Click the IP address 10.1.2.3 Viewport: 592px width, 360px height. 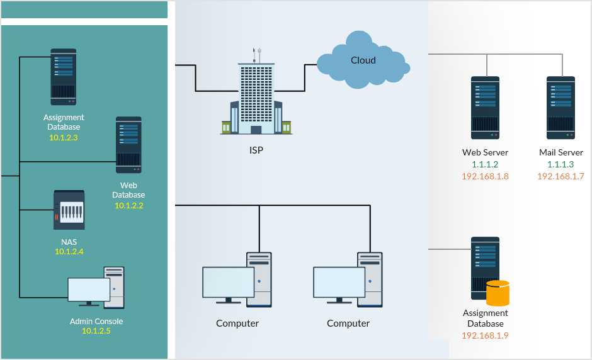pyautogui.click(x=63, y=137)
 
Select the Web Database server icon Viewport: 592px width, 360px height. pyautogui.click(x=128, y=145)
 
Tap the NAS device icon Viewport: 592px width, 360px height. pyautogui.click(x=69, y=210)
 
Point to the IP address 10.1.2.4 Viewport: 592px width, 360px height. pyautogui.click(x=69, y=252)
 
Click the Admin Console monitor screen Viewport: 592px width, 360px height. pyautogui.click(x=89, y=290)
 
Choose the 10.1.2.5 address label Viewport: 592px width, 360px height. pyautogui.click(x=96, y=331)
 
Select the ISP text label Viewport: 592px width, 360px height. pyautogui.click(x=256, y=150)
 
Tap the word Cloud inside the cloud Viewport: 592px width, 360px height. pyautogui.click(x=363, y=60)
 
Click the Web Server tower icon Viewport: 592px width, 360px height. pyautogui.click(x=485, y=108)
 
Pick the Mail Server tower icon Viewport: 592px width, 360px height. pyautogui.click(x=561, y=108)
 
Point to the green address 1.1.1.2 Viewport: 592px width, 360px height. pyautogui.click(x=485, y=164)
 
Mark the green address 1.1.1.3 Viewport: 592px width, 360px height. pyautogui.click(x=561, y=164)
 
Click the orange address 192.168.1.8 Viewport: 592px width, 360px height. pyautogui.click(x=485, y=176)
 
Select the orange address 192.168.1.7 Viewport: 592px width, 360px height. pyautogui.click(x=561, y=176)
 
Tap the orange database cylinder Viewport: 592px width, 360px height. pyautogui.click(x=498, y=293)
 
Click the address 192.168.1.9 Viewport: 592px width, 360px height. pyautogui.click(x=485, y=335)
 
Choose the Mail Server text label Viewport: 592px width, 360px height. pyautogui.click(x=561, y=152)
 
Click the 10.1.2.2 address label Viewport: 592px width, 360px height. pyautogui.click(x=128, y=205)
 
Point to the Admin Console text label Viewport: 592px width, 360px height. pyautogui.click(x=96, y=322)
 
